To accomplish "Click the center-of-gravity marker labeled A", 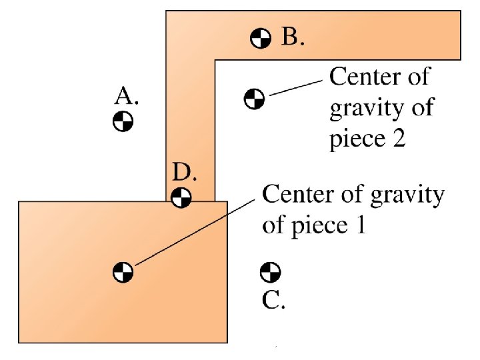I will pos(123,122).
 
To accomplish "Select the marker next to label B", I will pos(261,39).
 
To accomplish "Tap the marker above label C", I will pos(269,272).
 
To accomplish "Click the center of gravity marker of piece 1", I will pos(123,272).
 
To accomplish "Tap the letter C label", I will pos(273,301).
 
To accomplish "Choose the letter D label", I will pos(184,173).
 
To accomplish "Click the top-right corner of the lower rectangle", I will pos(227,201).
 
